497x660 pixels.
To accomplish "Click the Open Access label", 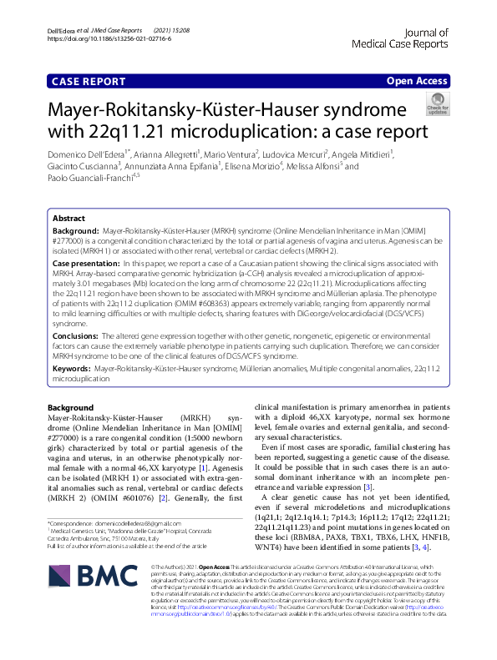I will (418, 82).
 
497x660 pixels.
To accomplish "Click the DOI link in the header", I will (111, 38).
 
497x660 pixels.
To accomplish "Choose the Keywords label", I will (72, 367).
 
